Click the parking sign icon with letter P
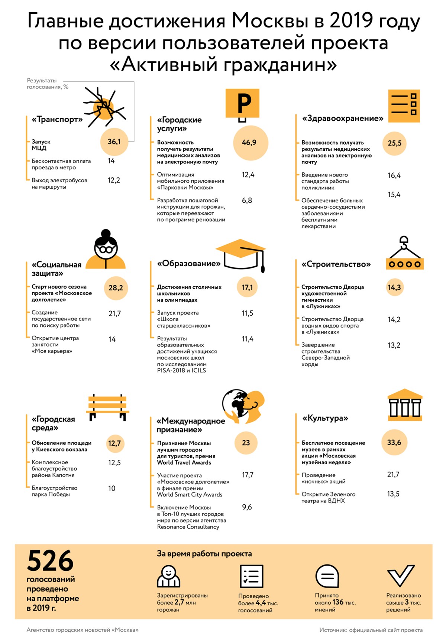pos(242,104)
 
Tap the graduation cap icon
pos(241,254)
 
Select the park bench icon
pos(108,407)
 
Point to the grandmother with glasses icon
pos(106,250)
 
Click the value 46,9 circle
pos(250,143)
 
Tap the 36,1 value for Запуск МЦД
pos(114,141)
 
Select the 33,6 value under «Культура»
pos(394,442)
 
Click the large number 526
pos(50,561)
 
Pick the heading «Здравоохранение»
pos(342,118)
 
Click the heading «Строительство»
pos(336,264)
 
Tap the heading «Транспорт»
pos(57,119)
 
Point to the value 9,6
pos(247,507)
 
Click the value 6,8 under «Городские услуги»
pos(247,201)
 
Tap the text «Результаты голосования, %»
pos(47,84)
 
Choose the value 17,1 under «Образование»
pos(247,287)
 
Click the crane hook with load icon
pos(404,254)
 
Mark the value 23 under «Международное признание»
pos(246,443)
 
